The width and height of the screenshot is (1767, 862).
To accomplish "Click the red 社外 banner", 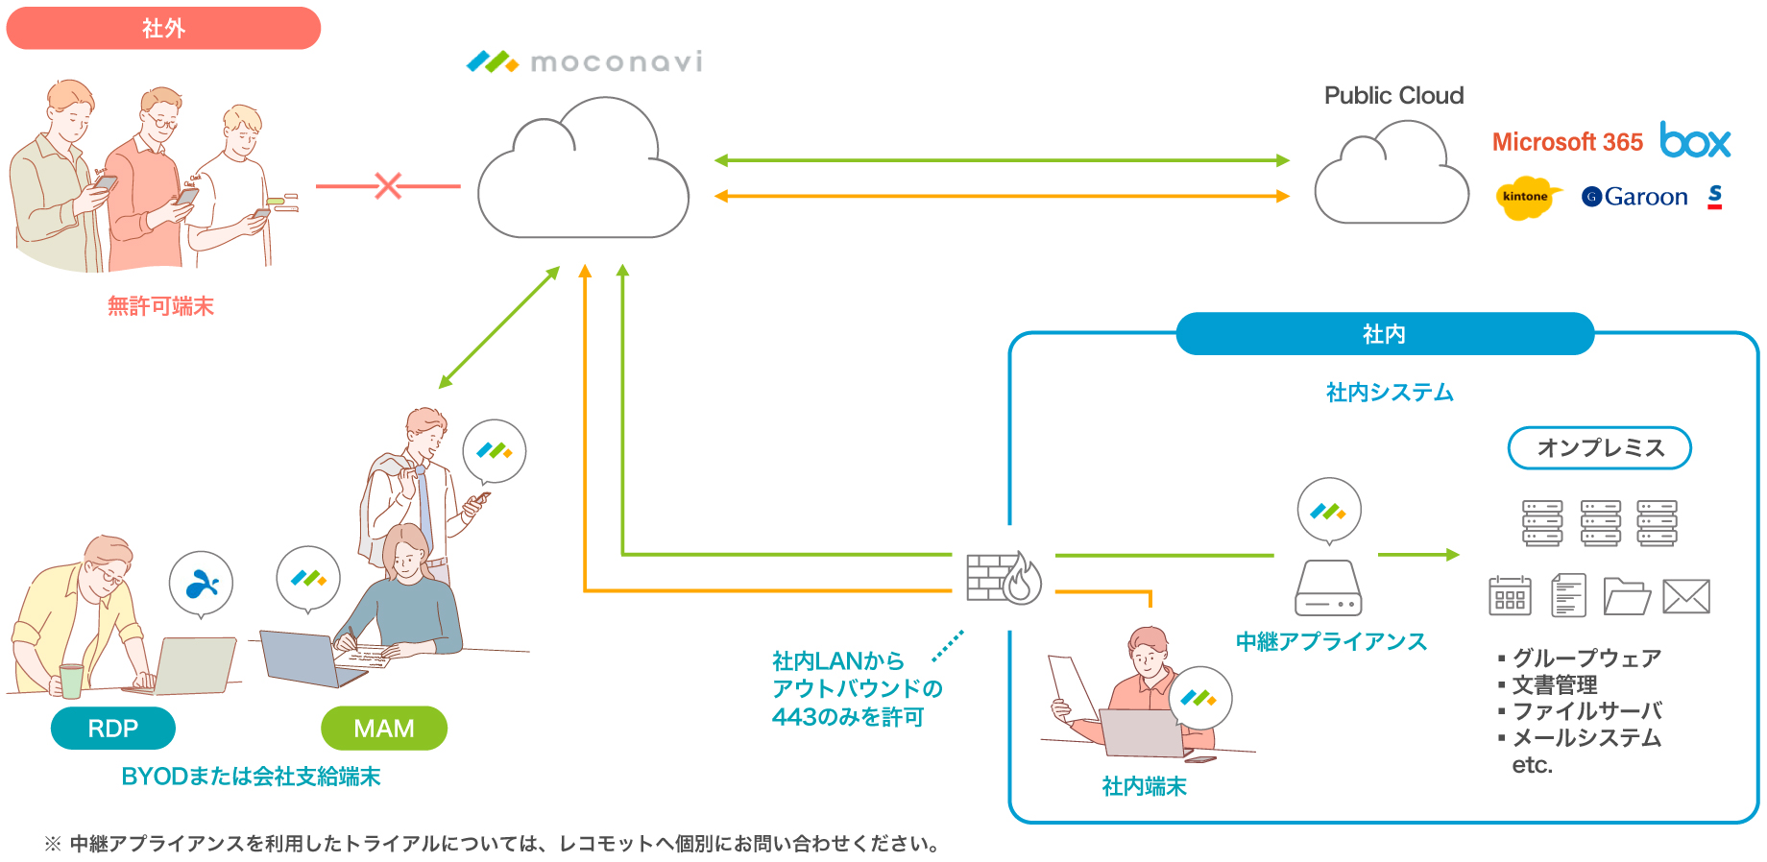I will pos(163,29).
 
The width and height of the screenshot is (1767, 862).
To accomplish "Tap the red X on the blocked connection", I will pos(388,185).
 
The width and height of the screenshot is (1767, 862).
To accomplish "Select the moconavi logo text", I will pos(616,62).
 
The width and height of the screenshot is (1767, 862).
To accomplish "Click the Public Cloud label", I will pos(1393,96).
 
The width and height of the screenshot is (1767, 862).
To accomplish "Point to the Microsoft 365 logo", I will pos(1567,142).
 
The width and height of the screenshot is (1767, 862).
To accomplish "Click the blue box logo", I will pos(1695,141).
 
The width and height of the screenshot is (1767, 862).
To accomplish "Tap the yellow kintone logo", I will pos(1525,197).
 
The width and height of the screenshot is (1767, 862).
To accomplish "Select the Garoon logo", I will pos(1634,197).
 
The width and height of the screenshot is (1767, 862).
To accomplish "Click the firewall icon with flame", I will pos(1004,577).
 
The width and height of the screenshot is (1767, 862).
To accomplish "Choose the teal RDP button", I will pos(113,729).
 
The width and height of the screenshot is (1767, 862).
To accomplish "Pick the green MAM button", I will pos(384,729).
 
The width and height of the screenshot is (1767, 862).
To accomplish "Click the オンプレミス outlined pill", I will pos(1600,448).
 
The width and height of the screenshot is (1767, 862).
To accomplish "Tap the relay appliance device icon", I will pos(1328,588).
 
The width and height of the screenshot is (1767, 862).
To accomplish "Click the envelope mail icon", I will pos(1686,596).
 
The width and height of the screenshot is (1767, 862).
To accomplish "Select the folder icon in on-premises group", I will pos(1626,596).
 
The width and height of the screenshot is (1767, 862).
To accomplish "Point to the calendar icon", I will pos(1510,596).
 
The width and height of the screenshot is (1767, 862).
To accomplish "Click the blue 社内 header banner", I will pos(1384,334).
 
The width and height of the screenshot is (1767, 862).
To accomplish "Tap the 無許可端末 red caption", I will pos(160,306).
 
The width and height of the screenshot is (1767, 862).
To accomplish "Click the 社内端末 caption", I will pos(1144,787).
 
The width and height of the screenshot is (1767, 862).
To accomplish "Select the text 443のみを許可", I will pos(847,717).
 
